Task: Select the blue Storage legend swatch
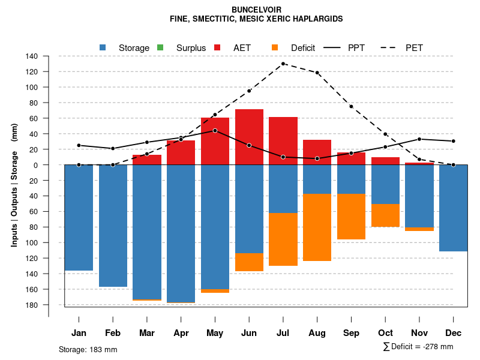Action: (x=103, y=47)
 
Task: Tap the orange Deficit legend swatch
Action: (x=275, y=47)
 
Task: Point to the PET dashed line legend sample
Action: (x=388, y=47)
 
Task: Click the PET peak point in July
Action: (x=283, y=64)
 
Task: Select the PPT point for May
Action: (x=215, y=130)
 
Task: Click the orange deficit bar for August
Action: (x=317, y=227)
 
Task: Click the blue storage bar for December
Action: (x=453, y=208)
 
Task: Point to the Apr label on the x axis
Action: (x=181, y=333)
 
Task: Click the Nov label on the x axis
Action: (x=419, y=333)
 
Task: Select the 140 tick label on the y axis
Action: (x=32, y=56)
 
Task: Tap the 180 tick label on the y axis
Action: (x=32, y=305)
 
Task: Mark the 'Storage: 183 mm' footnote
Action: (x=88, y=349)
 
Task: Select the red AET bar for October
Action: (x=385, y=161)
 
